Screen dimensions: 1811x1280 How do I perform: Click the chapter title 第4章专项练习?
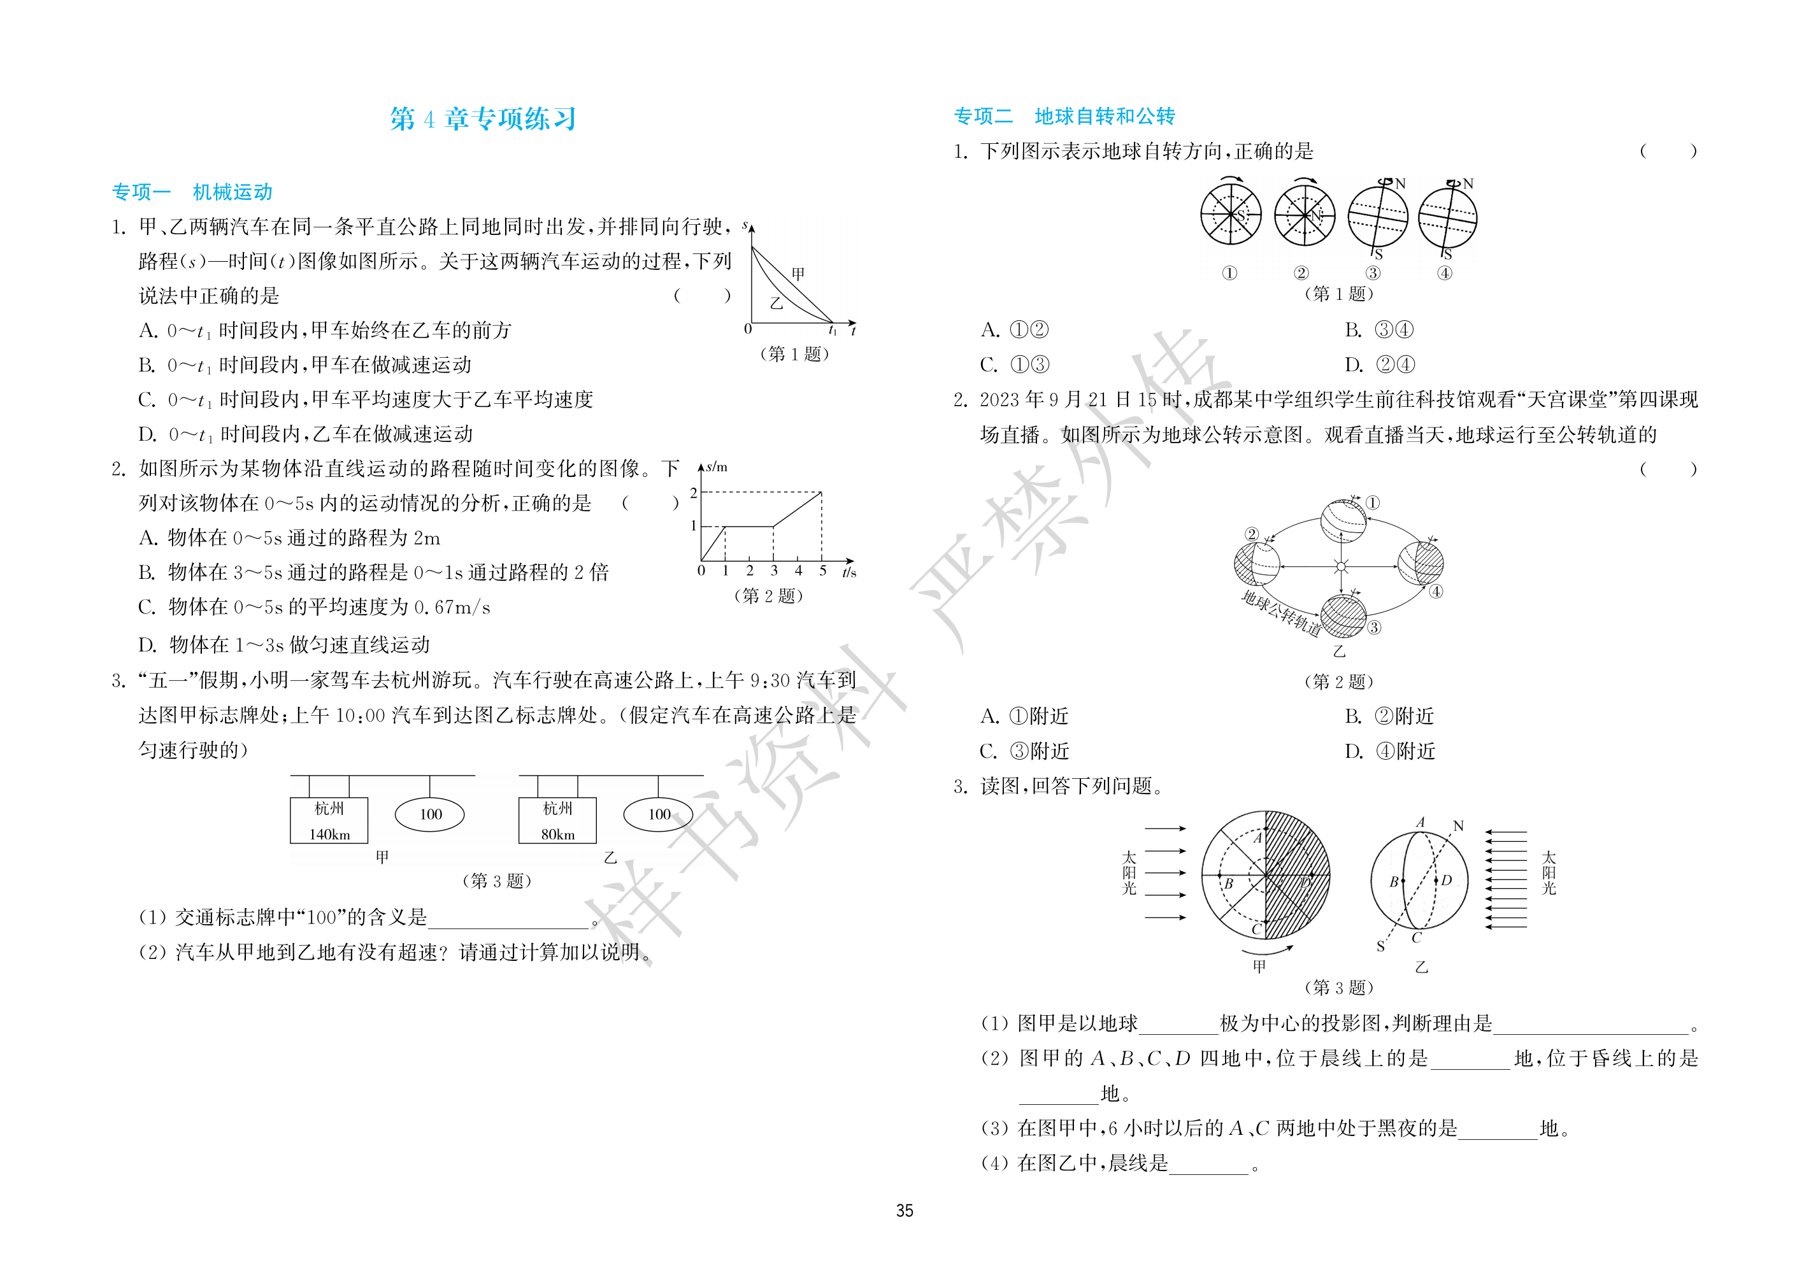tap(483, 119)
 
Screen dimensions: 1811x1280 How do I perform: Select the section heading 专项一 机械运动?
tap(192, 192)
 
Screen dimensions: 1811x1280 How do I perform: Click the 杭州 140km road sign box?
tap(330, 820)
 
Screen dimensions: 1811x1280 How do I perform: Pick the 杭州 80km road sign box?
tap(557, 820)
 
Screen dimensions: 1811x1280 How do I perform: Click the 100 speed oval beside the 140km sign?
tap(430, 814)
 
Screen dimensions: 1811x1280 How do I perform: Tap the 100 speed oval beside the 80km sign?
tap(659, 814)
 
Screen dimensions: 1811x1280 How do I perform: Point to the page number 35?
tap(905, 1211)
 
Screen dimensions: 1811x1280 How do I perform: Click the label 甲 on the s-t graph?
tap(798, 274)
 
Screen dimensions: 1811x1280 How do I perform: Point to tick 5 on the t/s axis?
tap(822, 570)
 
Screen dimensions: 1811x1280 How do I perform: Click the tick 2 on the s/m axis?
tap(693, 493)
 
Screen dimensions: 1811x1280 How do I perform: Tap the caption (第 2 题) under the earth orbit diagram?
tap(1338, 681)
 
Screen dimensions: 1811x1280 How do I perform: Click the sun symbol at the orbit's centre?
tap(1342, 566)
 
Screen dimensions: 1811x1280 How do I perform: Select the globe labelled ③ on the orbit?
tap(1342, 616)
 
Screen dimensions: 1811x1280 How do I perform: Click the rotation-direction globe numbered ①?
tap(1231, 215)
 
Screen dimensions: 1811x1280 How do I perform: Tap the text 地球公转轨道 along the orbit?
tap(1281, 613)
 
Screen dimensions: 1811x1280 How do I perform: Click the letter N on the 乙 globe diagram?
tap(1459, 826)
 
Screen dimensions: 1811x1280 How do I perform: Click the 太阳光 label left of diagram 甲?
tap(1129, 872)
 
